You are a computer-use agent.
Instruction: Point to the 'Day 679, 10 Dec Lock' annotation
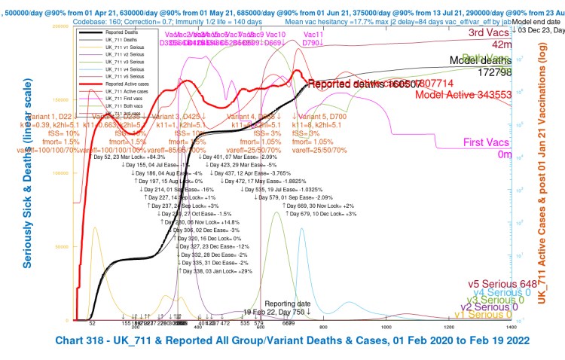[x=319, y=214]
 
